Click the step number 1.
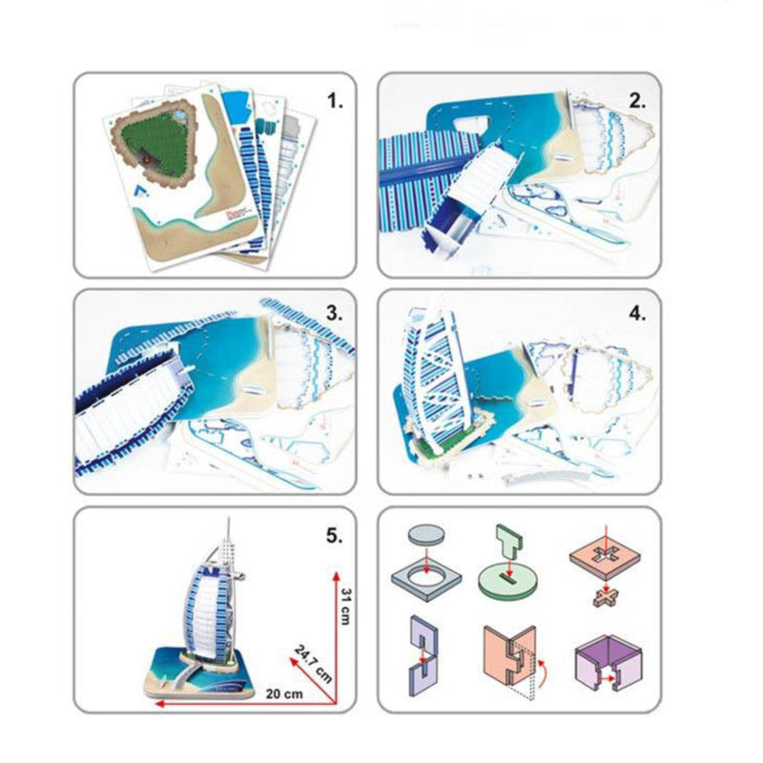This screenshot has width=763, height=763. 335,101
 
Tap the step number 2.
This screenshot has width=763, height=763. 637,101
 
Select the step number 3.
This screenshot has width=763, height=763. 335,314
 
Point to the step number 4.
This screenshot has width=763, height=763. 637,314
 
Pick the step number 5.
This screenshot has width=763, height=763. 335,536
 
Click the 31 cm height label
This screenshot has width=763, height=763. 346,607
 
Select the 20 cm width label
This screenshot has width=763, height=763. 284,693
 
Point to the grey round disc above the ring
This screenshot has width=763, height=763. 426,534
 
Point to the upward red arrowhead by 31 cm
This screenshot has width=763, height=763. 336,577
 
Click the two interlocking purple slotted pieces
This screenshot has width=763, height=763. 423,655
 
